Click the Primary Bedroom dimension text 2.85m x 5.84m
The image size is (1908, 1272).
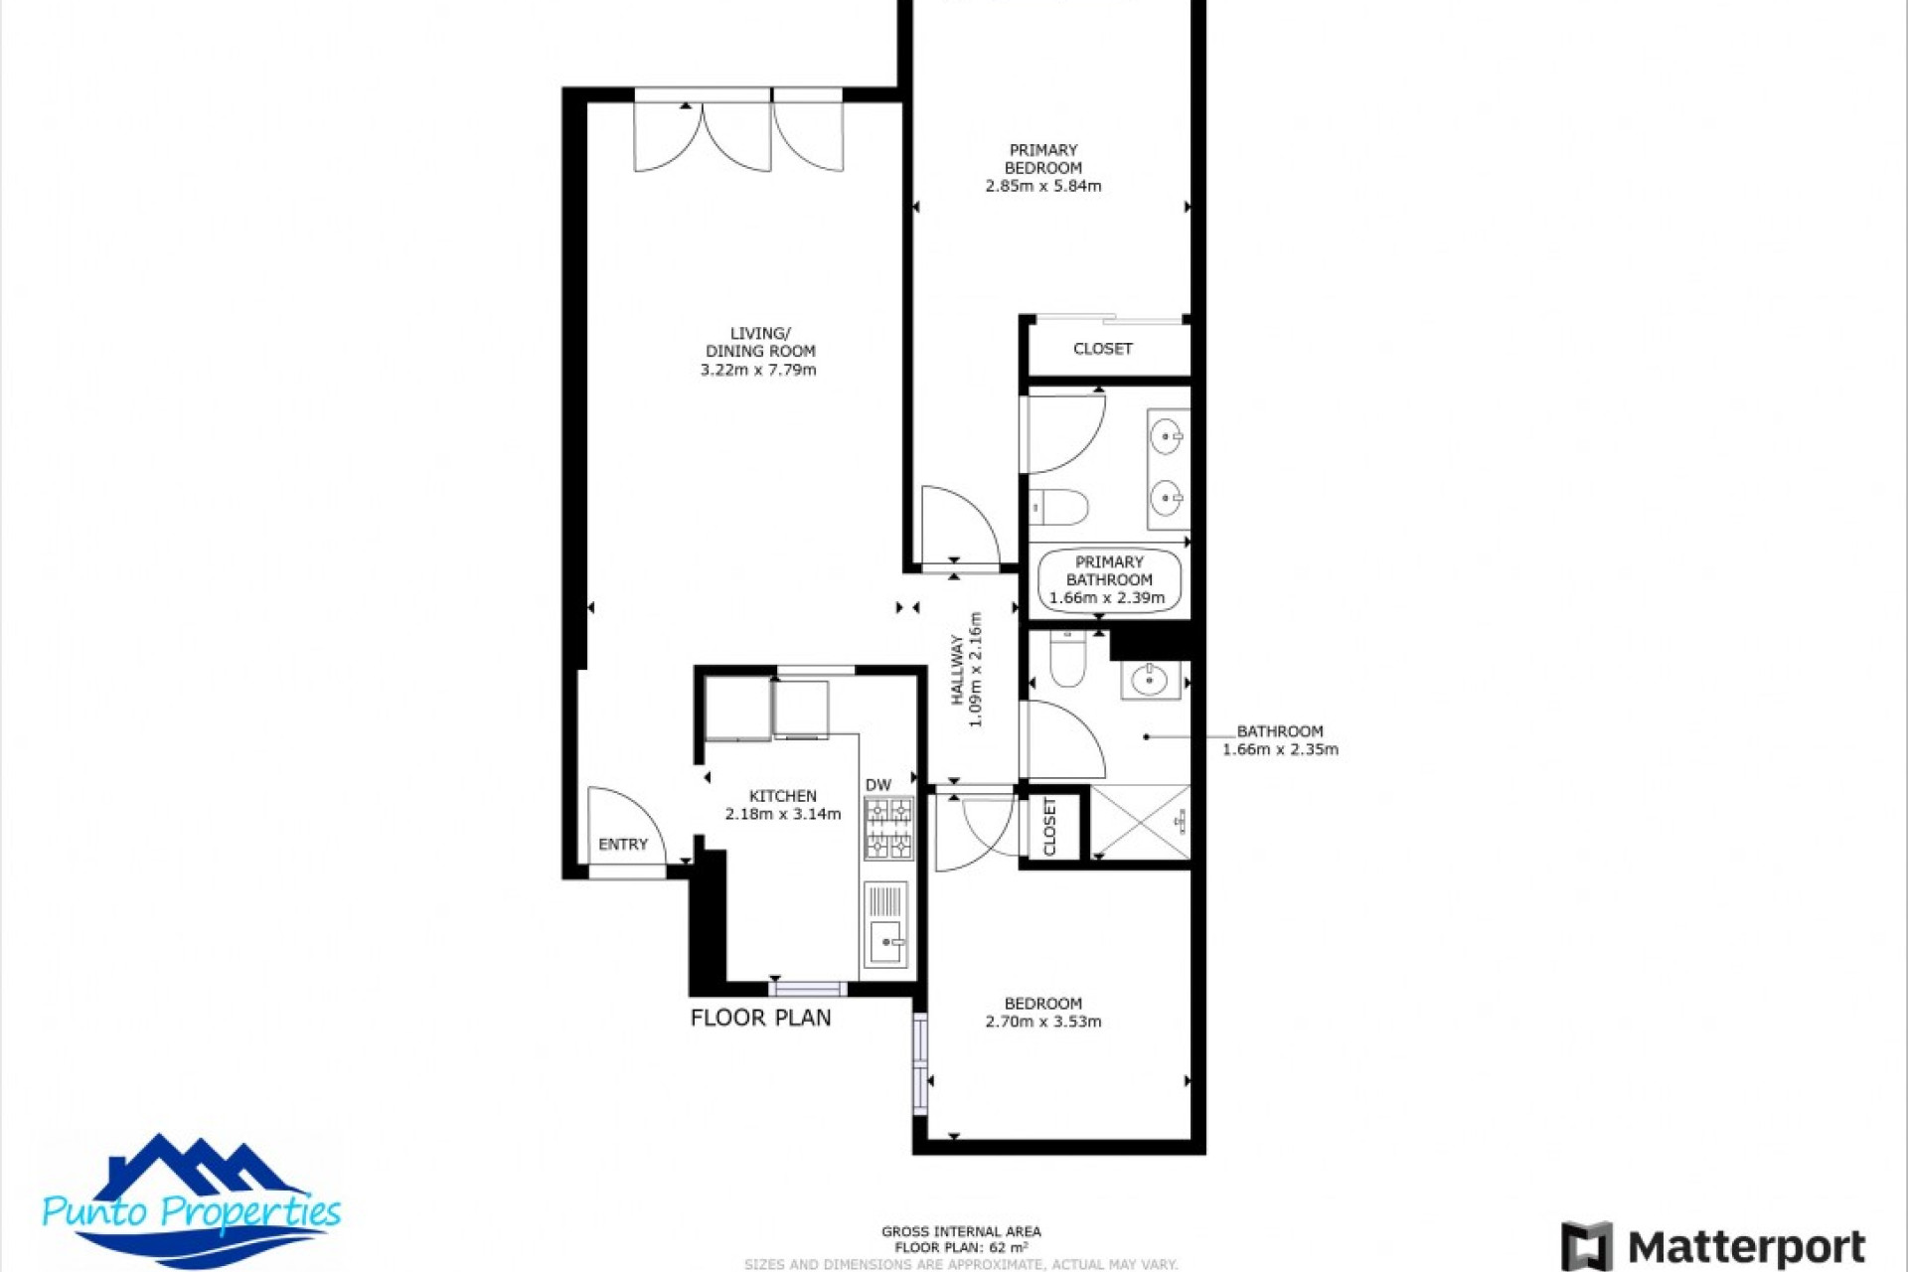[1042, 186]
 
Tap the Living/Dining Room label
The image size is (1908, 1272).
[759, 342]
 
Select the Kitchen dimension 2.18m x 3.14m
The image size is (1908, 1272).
[782, 814]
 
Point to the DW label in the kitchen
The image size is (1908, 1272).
[877, 785]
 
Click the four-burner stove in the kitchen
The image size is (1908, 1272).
[888, 829]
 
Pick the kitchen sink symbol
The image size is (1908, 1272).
[884, 940]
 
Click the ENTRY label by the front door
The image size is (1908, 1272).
[623, 845]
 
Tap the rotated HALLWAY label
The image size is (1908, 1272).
[957, 670]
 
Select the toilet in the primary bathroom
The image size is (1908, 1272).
[1059, 508]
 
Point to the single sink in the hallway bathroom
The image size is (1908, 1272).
[1150, 681]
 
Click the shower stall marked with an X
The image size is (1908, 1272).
[1140, 822]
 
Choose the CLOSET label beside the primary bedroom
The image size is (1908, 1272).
[1102, 349]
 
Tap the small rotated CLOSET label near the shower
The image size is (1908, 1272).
[1050, 825]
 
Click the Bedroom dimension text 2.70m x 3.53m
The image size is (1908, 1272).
[1042, 1022]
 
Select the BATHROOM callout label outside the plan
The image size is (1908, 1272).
[1279, 731]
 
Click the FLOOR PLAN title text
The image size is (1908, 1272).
[760, 1018]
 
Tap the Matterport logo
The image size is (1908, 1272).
[1713, 1246]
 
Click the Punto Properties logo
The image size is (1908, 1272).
[191, 1202]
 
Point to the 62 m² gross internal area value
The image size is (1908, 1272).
[1008, 1247]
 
